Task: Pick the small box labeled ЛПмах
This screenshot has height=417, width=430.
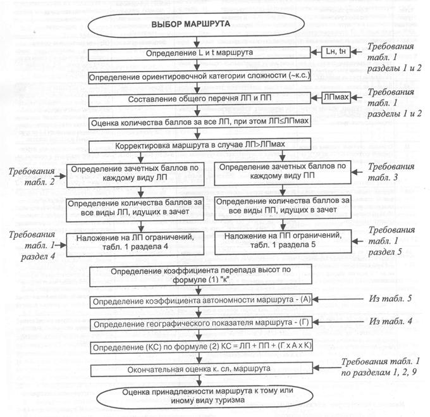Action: pyautogui.click(x=328, y=99)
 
